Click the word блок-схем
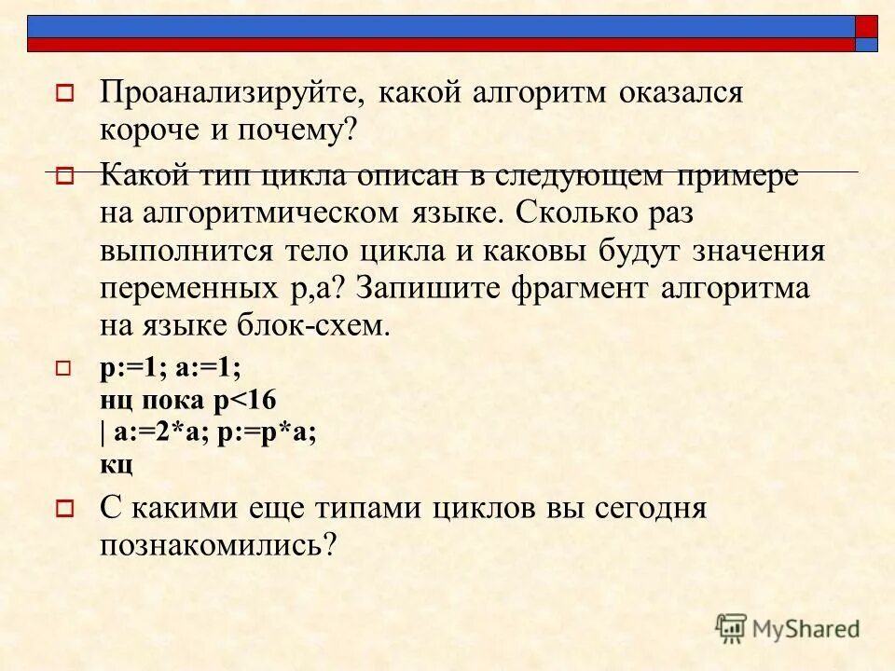(307, 327)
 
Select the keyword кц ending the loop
(116, 463)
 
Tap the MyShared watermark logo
(788, 629)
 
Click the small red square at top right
(867, 26)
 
